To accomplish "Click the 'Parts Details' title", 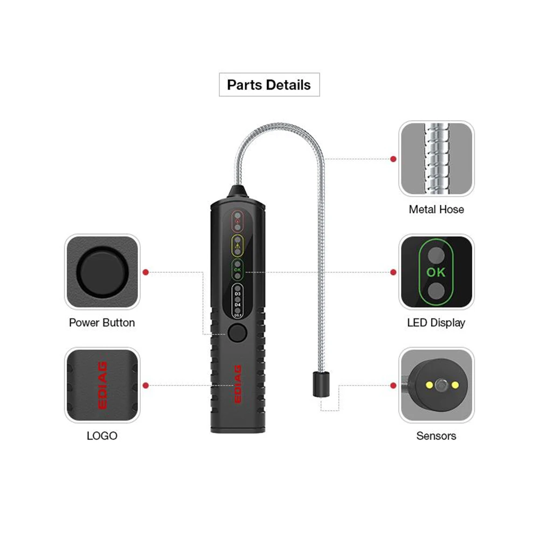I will pos(269,85).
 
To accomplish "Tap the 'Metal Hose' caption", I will pos(436,209).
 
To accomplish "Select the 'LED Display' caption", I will pos(436,323).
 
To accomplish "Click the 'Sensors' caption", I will pos(436,436).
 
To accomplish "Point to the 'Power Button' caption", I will pos(102,323).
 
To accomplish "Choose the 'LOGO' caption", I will pos(102,436).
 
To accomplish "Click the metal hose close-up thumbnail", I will pos(436,158).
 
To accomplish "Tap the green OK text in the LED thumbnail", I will pos(436,272).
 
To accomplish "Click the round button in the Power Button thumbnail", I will pos(102,272).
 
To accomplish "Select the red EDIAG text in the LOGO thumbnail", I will pos(102,385).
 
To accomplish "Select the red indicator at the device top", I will pos(238,220).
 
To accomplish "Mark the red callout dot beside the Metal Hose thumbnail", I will pos(393,159).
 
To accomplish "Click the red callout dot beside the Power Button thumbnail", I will pos(145,272).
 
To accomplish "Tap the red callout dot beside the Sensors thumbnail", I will pos(393,385).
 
